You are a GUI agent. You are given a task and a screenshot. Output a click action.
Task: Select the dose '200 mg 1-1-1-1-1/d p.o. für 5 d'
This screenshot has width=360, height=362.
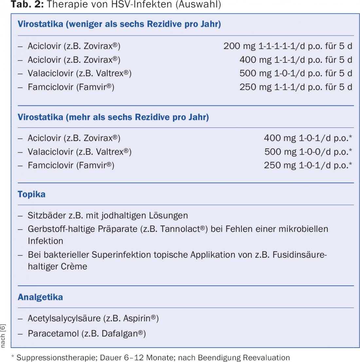pos(288,46)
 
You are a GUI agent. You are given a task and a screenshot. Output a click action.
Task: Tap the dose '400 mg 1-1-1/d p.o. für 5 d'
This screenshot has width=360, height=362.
pos(296,60)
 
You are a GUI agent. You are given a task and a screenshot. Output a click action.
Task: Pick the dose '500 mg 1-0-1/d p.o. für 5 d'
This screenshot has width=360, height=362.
pos(296,73)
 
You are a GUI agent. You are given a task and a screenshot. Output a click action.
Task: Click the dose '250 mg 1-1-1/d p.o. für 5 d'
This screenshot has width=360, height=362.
pos(296,87)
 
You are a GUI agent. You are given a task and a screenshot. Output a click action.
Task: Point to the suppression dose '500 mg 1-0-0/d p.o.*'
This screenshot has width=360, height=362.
pos(308,152)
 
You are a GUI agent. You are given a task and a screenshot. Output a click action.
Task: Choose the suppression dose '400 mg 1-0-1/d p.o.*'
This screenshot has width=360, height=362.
pos(308,138)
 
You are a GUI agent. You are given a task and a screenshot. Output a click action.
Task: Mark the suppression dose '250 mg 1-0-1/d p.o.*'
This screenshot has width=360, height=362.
pos(308,165)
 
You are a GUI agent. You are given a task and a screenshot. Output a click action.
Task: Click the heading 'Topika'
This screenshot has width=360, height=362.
pos(31,194)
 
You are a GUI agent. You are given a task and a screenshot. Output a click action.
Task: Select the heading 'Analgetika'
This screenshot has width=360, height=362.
pos(40,297)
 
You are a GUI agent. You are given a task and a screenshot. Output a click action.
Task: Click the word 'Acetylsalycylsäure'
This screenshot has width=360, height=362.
pos(64,319)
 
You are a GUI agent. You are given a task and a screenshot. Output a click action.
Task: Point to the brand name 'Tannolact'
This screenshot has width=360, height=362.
pos(180,229)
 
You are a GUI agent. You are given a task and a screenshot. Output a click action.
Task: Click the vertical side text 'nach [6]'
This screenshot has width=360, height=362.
pos(3,336)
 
